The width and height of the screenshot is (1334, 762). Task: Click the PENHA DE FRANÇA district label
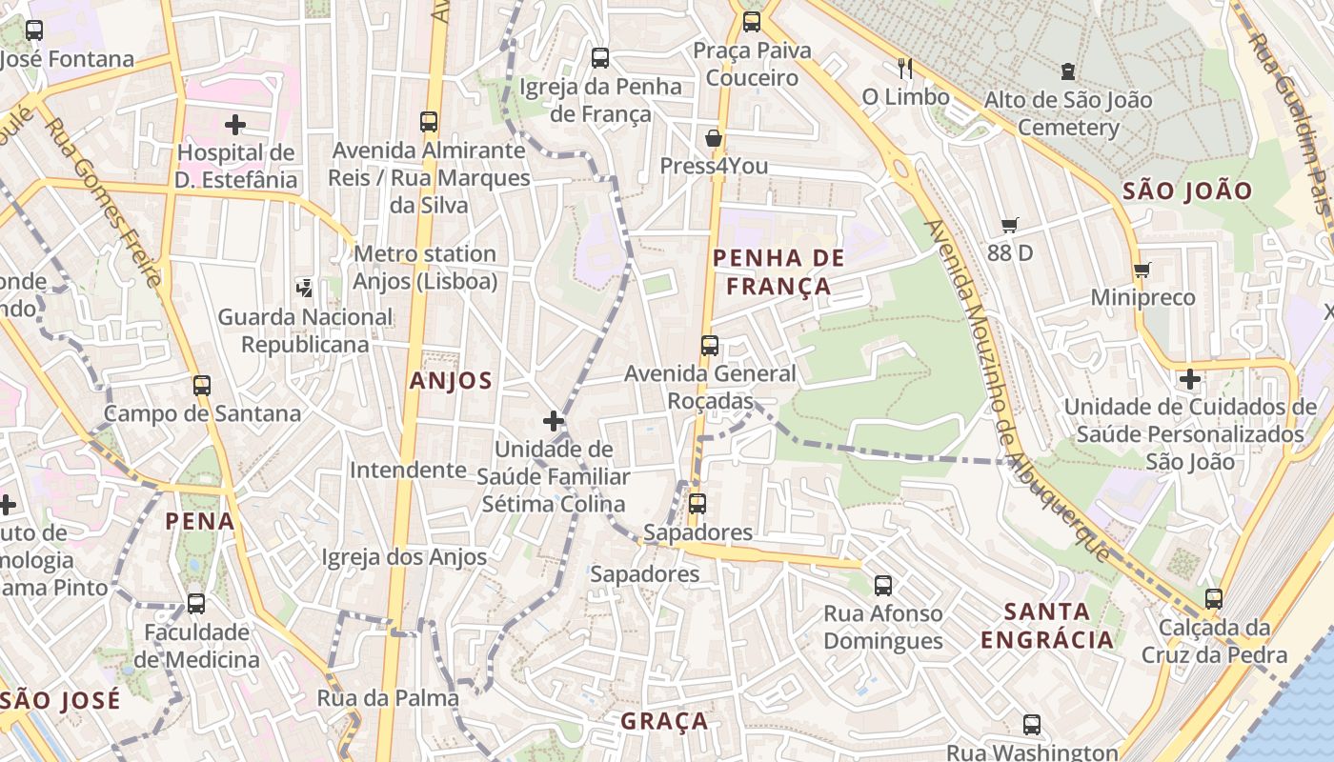778,271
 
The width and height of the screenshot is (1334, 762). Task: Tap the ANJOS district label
451,381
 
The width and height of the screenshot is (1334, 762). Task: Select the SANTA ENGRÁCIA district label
1047,625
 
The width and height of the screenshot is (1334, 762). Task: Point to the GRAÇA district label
664,721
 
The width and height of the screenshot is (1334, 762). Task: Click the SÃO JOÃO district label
1187,190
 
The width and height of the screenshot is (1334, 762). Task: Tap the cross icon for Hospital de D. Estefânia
235,125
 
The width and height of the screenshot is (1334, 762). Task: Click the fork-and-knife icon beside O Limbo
905,68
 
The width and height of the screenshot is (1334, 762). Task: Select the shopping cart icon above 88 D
1010,226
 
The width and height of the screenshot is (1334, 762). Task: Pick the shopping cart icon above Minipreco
1142,270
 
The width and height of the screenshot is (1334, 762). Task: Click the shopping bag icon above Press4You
713,139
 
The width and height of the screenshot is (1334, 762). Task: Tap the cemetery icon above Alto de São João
1067,71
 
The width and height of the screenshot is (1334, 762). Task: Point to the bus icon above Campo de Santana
201,386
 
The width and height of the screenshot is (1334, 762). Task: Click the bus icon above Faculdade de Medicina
195,603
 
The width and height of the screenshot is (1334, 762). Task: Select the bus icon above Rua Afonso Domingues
883,586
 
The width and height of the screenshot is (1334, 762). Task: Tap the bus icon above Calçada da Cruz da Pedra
1213,599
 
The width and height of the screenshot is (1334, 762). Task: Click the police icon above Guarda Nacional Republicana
305,287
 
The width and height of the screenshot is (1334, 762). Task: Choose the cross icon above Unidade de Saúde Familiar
553,420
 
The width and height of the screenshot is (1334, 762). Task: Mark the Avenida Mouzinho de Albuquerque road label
1017,391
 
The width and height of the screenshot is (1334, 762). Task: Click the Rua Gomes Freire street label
103,202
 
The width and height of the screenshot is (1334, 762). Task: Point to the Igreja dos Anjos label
404,557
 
